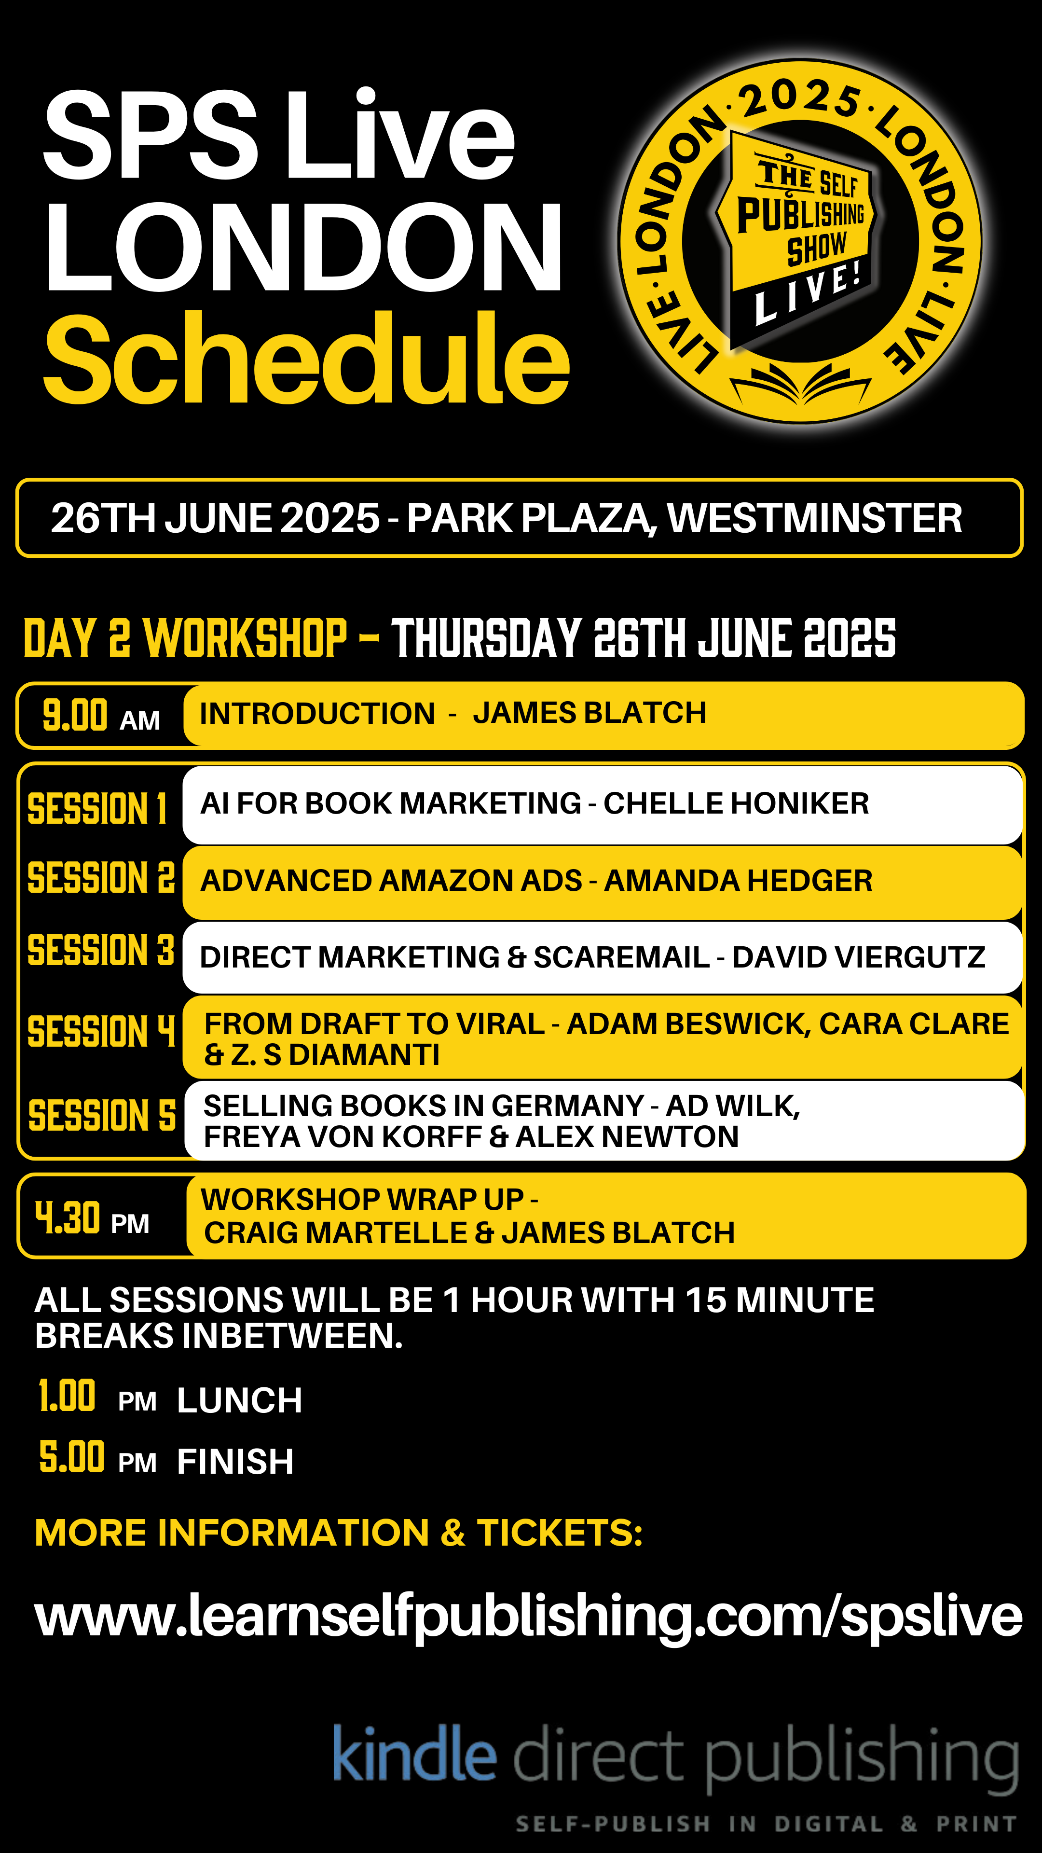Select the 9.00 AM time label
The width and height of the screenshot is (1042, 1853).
click(101, 716)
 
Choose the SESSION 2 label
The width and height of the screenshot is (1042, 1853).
click(101, 878)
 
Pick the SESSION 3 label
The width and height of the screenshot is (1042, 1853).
click(101, 950)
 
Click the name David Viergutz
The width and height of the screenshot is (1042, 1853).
click(859, 957)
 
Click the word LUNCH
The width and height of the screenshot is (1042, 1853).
click(239, 1400)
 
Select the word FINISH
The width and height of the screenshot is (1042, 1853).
click(235, 1462)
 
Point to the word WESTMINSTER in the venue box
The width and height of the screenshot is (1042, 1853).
click(815, 518)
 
